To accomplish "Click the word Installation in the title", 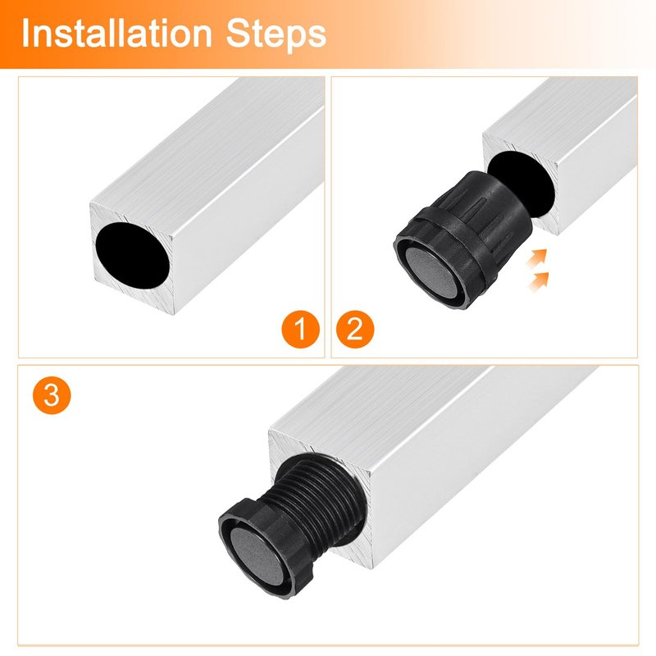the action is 116,34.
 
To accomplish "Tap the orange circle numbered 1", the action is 301,330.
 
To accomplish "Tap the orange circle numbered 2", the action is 355,330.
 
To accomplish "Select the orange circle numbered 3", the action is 52,395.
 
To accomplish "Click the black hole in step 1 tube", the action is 133,256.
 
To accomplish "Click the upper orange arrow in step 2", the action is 537,258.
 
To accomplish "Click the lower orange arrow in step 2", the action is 539,281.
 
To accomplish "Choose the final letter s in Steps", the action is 317,37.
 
